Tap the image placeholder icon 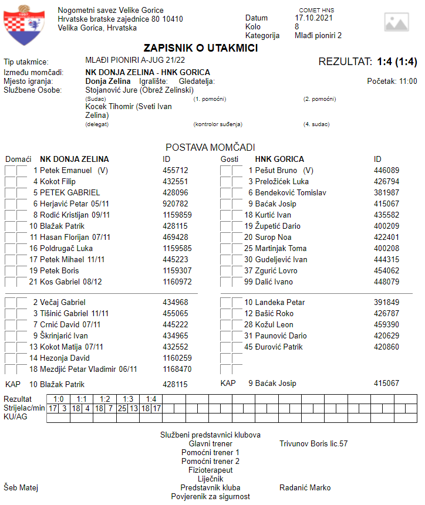point(396,22)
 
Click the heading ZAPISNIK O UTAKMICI point(201,48)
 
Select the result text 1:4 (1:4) point(396,62)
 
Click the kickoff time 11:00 point(407,81)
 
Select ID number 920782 point(175,204)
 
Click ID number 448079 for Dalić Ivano point(386,282)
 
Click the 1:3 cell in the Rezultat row point(128,399)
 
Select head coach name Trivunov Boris point(313,444)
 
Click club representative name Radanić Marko point(305,487)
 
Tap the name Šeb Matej point(21,487)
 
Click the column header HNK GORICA point(279,159)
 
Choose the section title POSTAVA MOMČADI point(210,147)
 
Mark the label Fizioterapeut point(210,470)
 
